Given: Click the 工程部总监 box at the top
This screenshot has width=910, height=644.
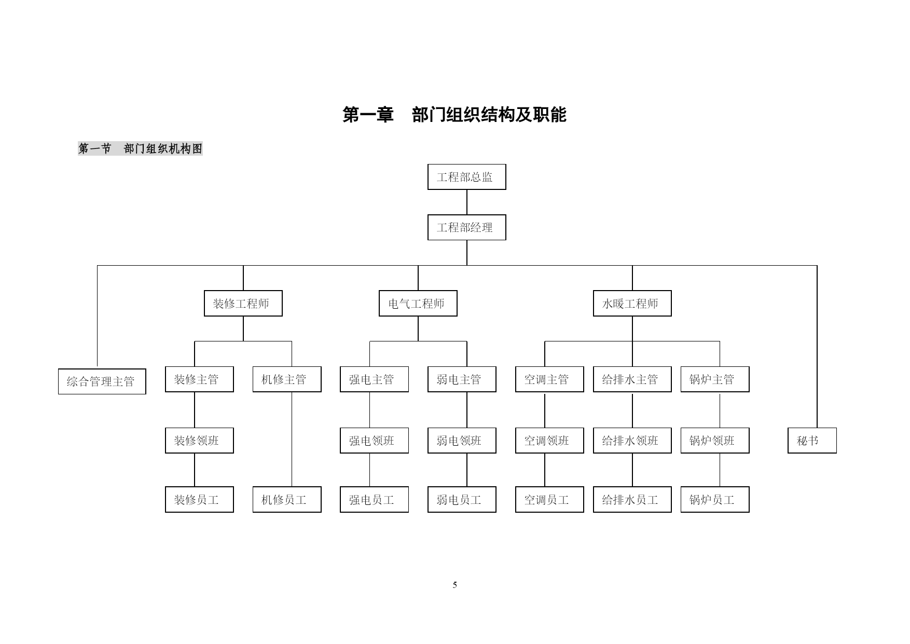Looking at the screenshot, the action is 466,177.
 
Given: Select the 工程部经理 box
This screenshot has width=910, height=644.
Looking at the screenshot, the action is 466,227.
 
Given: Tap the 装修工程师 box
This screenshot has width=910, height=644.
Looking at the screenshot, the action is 243,304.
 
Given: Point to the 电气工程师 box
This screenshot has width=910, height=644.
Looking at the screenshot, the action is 418,304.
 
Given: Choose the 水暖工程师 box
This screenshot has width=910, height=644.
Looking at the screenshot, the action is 632,304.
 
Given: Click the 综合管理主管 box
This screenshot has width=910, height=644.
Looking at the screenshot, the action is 102,381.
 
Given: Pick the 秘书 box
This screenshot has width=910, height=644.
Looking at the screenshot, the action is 812,441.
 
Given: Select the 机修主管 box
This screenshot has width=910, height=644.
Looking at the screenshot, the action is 287,379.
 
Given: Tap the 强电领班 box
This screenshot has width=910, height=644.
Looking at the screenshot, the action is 374,441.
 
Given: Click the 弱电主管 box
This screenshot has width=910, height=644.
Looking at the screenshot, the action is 462,379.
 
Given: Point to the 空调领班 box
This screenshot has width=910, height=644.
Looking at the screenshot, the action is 549,441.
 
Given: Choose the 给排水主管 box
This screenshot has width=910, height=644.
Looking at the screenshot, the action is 632,379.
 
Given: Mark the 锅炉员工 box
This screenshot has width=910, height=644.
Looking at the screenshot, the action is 715,500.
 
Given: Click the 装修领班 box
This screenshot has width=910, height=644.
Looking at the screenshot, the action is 199,441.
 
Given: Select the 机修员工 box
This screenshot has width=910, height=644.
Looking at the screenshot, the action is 287,500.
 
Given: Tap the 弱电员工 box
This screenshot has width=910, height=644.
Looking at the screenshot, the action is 462,500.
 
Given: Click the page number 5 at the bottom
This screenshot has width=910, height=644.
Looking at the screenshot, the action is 455,585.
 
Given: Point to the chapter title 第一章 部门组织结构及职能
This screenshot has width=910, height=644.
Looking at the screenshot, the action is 454,115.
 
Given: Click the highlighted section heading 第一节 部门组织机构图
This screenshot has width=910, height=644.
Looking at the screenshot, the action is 140,149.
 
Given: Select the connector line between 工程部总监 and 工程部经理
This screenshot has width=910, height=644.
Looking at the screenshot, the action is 466,202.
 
